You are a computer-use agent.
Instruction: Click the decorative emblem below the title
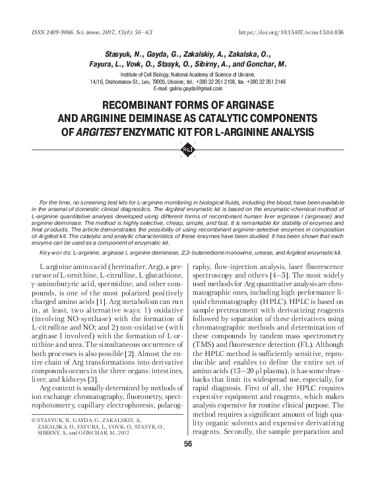coord(187,151)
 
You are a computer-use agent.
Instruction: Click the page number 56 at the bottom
coord(187,444)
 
